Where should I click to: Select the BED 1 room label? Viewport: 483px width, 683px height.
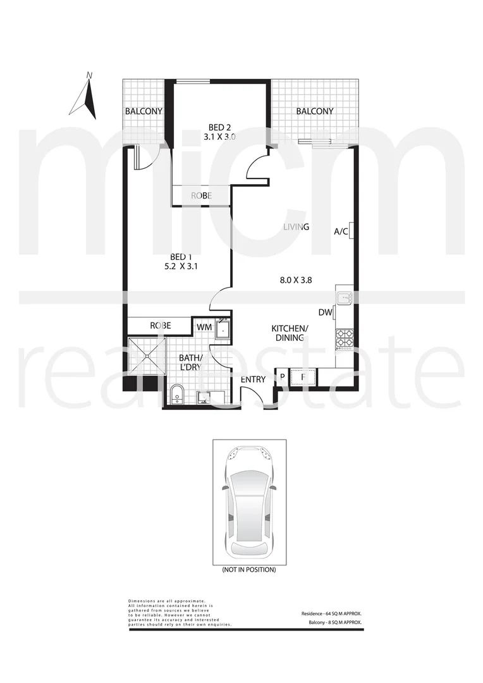[181, 257]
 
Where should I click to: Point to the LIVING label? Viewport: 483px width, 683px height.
[295, 227]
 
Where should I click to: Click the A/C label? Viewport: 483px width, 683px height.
[341, 231]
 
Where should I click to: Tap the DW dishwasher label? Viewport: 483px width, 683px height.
[325, 312]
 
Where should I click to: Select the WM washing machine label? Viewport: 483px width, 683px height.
[204, 326]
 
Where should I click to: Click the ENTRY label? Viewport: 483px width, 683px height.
[254, 379]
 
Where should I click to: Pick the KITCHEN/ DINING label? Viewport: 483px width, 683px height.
[290, 333]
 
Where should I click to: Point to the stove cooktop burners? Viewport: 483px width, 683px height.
[345, 338]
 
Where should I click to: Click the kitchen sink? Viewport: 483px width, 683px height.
[345, 298]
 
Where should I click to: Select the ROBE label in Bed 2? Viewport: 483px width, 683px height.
[201, 197]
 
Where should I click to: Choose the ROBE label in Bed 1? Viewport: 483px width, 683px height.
[161, 325]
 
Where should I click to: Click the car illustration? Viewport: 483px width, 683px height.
[249, 501]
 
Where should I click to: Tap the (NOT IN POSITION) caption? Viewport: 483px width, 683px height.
[249, 570]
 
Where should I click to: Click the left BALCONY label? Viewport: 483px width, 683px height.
[144, 111]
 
